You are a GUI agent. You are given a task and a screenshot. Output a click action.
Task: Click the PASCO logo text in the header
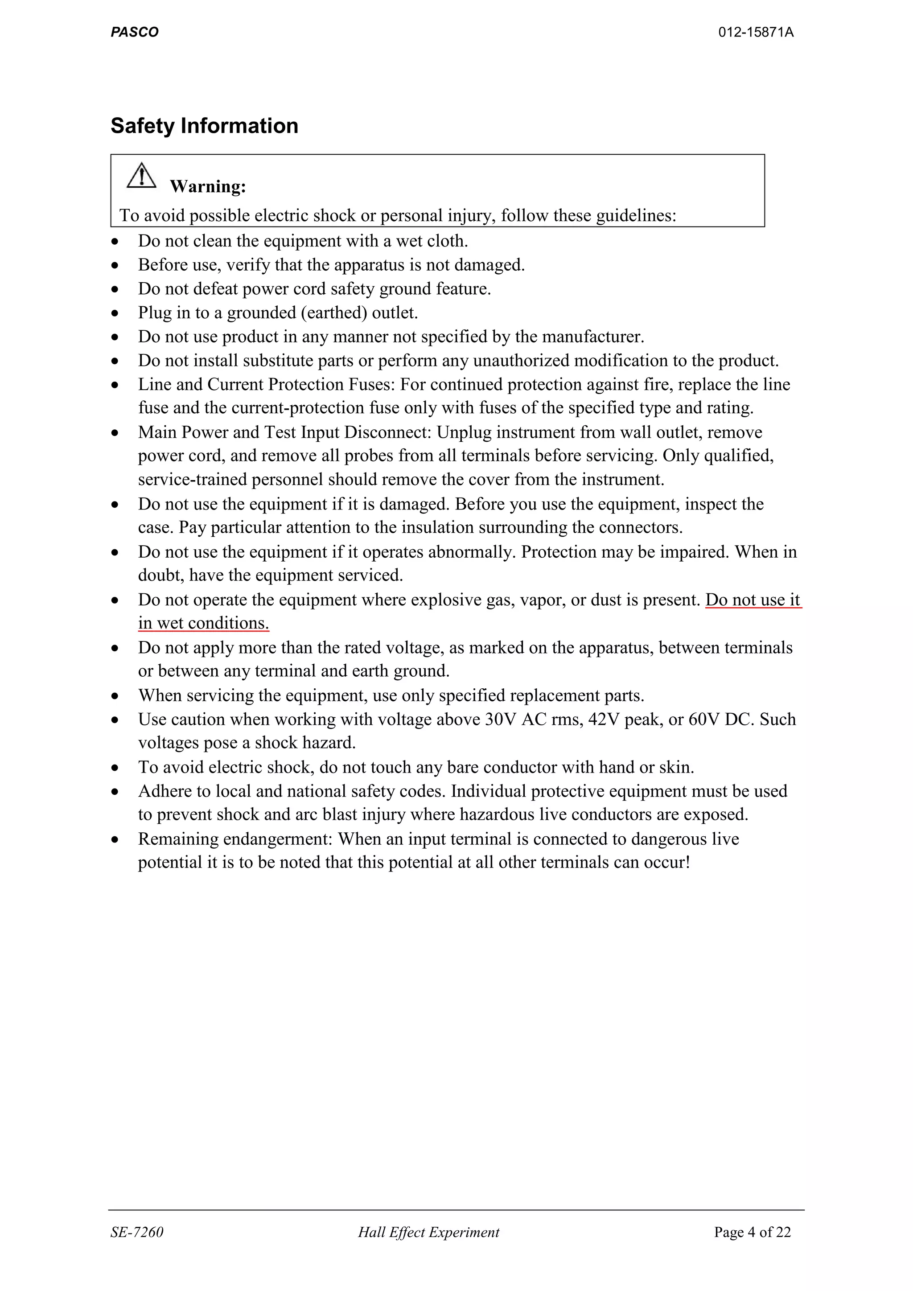pos(134,32)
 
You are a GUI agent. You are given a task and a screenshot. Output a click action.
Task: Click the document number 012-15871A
pos(756,32)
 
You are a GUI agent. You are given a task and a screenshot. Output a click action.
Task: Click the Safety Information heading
pos(204,126)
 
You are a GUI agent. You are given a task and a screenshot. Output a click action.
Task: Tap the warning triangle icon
pos(142,176)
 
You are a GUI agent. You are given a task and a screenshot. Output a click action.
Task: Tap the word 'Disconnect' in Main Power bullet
pos(387,432)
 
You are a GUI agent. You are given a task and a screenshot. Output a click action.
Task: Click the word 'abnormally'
pos(471,552)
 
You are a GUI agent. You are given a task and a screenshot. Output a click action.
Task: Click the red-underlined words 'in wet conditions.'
pos(204,624)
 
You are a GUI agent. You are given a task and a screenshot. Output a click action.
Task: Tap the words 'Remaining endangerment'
pos(235,839)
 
